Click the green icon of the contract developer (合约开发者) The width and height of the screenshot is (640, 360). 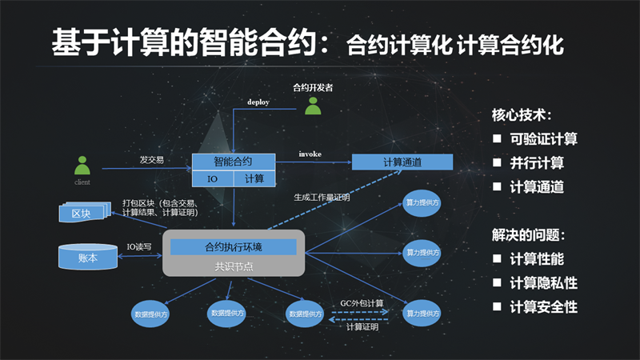pos(313,106)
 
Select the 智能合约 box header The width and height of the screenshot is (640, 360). pos(233,161)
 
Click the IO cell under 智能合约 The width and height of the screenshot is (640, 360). pos(213,179)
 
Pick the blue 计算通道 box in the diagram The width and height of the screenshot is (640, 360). pos(402,162)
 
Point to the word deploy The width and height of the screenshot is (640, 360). pos(258,102)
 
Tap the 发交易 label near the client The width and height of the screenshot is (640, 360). pos(151,159)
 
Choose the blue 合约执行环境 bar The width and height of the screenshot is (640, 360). pos(233,246)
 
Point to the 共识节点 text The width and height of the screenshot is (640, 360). pos(233,266)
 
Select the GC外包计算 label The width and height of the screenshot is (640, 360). pos(357,303)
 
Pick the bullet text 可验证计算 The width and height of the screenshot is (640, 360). pos(543,139)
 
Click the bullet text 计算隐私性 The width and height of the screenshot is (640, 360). pos(543,283)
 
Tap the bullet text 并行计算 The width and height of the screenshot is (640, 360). pos(537,163)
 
